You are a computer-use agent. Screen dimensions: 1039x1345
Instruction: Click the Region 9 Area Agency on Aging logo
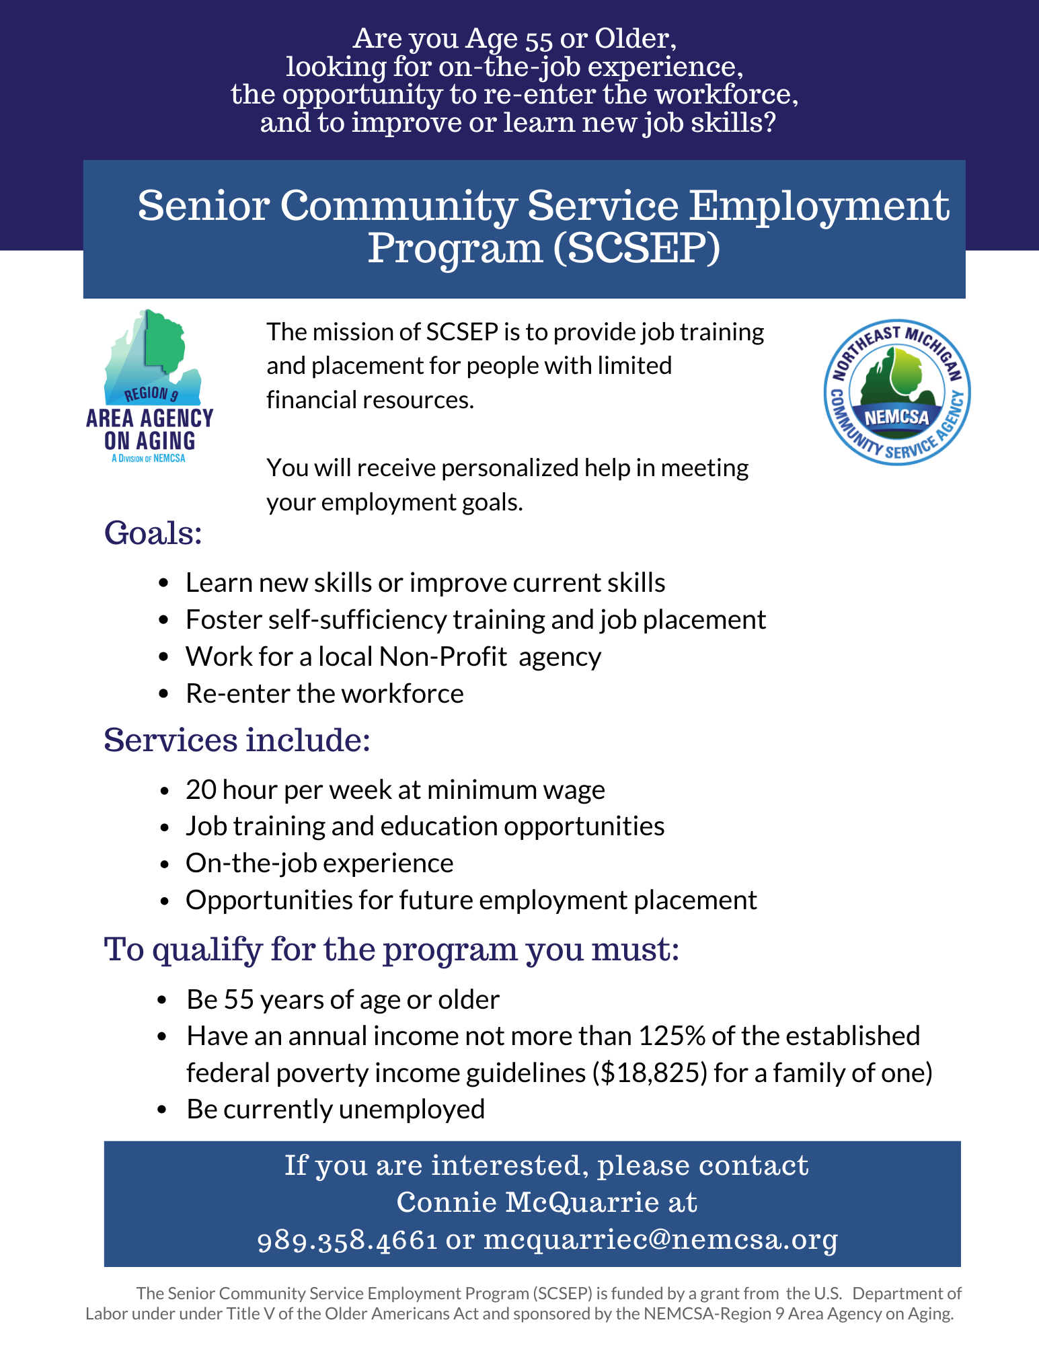point(149,386)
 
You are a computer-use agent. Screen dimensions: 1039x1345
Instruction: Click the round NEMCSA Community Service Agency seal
point(897,392)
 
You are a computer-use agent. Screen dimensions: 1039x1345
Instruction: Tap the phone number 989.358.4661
point(348,1239)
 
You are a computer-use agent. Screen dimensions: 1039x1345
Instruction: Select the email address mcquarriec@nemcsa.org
point(661,1239)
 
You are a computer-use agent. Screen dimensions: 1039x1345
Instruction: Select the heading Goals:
point(153,533)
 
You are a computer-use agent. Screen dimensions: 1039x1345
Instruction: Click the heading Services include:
point(237,740)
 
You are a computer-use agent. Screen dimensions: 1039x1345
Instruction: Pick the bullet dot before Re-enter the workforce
point(163,695)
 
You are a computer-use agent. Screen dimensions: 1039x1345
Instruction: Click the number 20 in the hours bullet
point(200,790)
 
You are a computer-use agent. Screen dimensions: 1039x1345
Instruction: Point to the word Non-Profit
point(442,656)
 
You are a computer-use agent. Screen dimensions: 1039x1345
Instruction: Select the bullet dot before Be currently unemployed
point(162,1110)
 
